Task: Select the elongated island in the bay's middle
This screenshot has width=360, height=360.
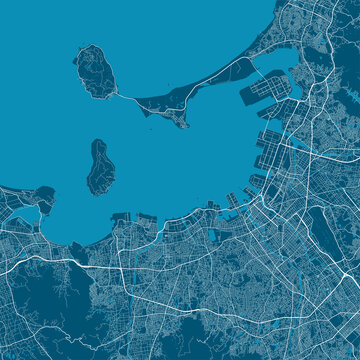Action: tap(98, 166)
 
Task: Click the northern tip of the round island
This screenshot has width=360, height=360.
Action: tap(92, 46)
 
